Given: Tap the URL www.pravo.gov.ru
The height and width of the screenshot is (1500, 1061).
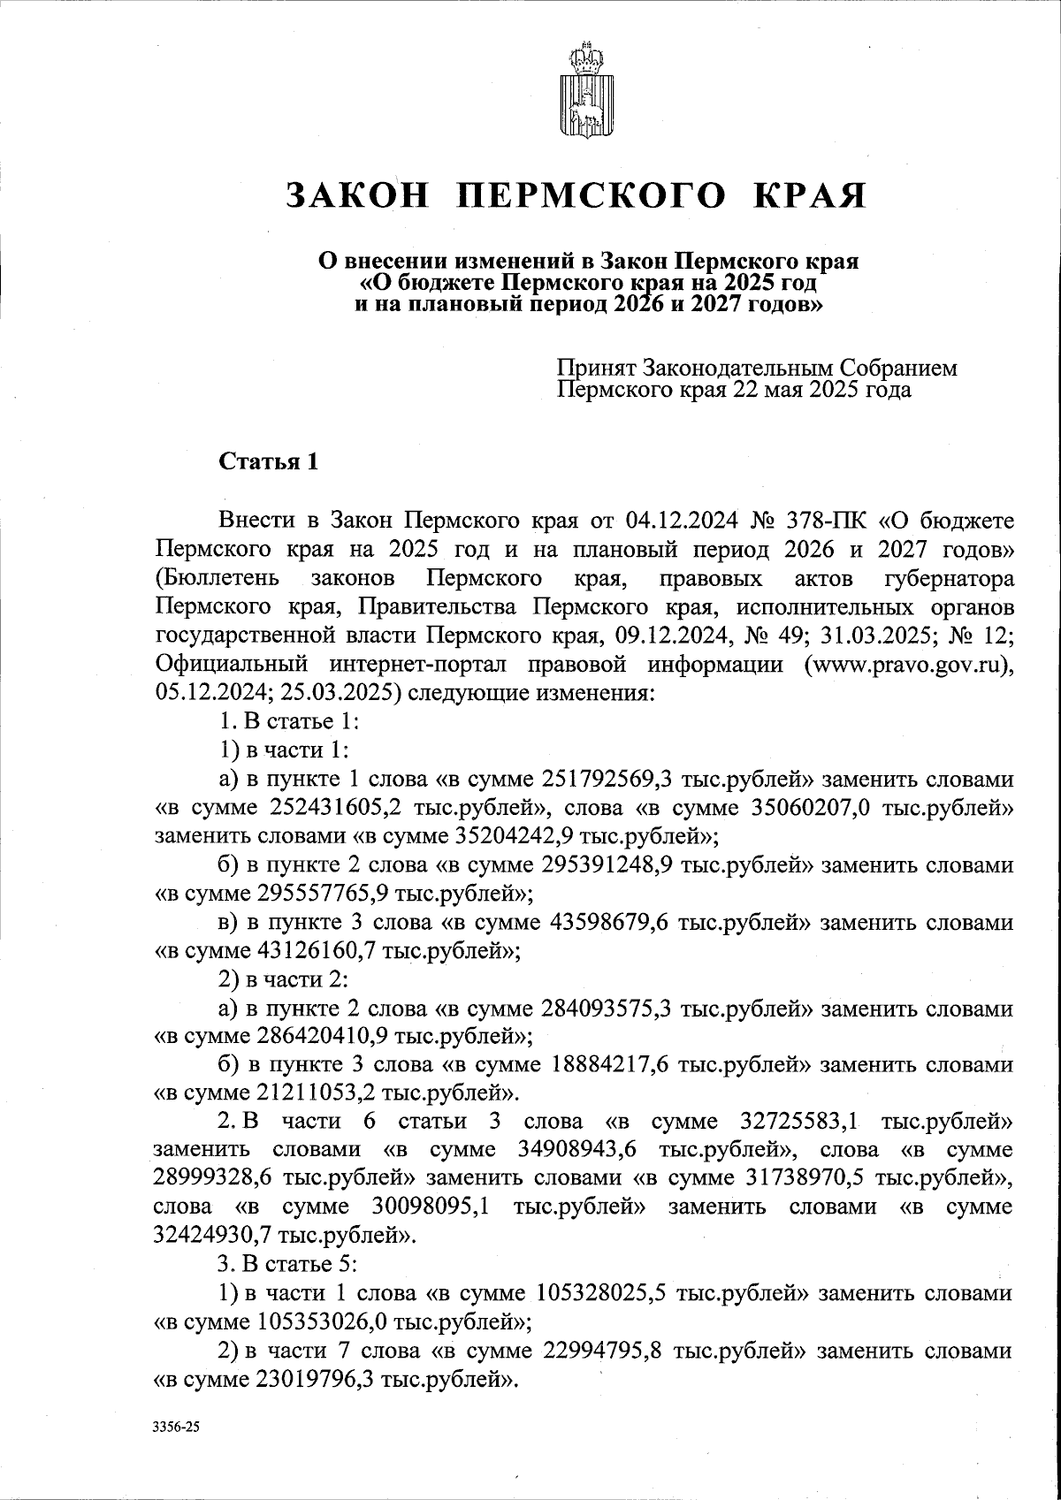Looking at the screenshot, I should [905, 664].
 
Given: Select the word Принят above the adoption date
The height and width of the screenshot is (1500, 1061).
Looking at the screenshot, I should [596, 367].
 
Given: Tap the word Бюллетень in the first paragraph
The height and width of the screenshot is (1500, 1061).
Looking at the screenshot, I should [218, 578].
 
